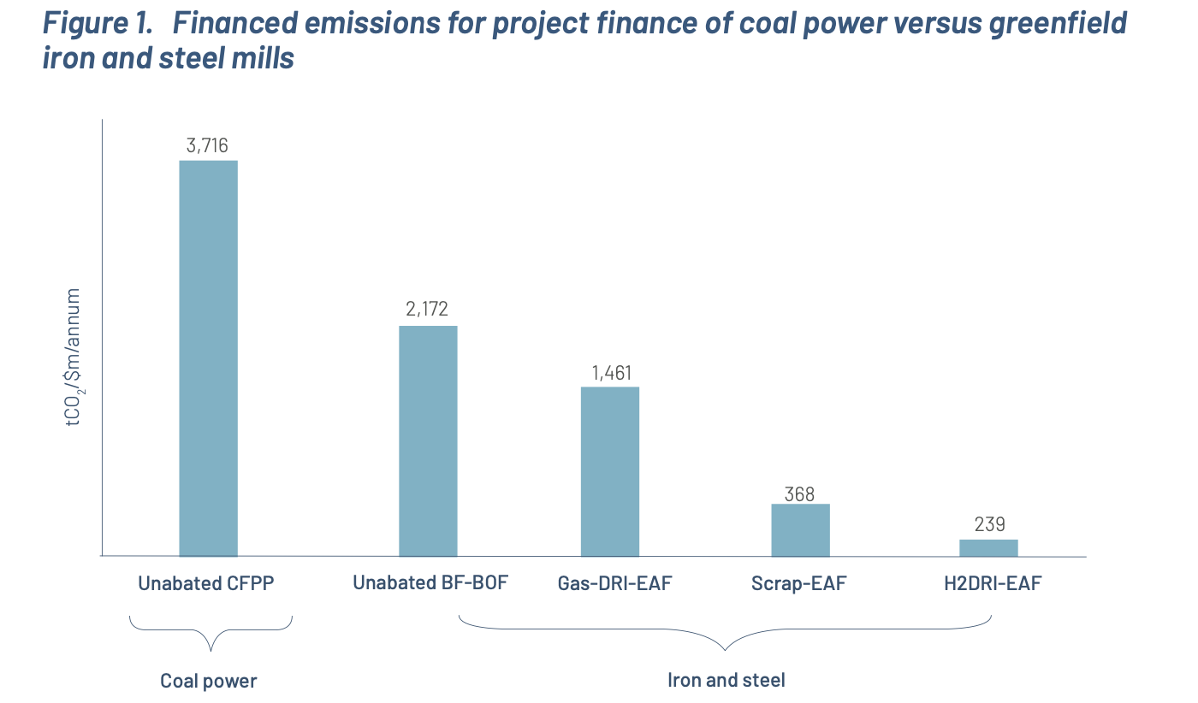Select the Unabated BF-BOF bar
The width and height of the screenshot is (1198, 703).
point(428,440)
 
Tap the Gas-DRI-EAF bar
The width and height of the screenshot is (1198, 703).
point(610,471)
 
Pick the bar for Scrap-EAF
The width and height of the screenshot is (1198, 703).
point(800,529)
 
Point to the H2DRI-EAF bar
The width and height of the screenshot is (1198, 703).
point(988,547)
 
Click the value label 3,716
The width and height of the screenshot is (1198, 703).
point(208,145)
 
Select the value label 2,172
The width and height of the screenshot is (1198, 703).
point(428,310)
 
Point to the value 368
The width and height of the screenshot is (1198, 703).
point(800,493)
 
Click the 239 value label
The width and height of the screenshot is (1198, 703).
point(988,524)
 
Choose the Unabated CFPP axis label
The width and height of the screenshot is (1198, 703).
point(208,584)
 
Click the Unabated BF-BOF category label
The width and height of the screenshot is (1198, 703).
point(430,583)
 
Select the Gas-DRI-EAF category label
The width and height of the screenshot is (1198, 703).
point(614,584)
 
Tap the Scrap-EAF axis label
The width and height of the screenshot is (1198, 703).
point(800,584)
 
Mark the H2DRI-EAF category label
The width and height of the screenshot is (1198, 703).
point(993,584)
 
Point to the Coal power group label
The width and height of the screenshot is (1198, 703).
point(209,682)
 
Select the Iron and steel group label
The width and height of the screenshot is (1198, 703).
point(726,681)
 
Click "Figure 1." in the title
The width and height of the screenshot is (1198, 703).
point(98,25)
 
